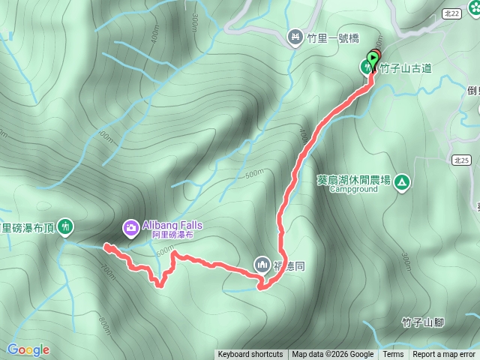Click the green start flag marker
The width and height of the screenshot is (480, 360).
(x=373, y=58)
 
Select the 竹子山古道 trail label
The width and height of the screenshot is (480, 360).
(x=406, y=68)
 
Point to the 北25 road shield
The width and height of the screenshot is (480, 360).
(x=460, y=160)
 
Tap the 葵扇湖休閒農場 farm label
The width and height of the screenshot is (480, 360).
(x=353, y=180)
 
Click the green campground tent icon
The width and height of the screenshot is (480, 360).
(x=403, y=181)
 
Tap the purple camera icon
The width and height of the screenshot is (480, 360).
(x=130, y=226)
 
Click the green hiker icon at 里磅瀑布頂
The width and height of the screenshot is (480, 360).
(x=65, y=226)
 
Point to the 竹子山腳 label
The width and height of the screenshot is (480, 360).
(x=423, y=322)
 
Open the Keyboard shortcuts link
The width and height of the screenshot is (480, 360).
(x=250, y=355)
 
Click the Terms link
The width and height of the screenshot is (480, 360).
(x=393, y=355)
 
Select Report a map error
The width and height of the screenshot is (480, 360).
(x=444, y=355)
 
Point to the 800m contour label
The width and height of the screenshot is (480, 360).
(x=103, y=325)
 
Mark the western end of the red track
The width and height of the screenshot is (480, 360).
(x=105, y=246)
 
